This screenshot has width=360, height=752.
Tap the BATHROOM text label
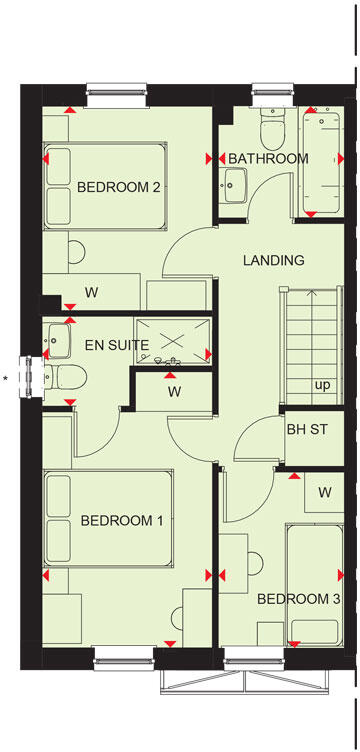(268, 159)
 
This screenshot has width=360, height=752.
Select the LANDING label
(273, 260)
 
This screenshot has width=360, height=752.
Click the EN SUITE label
(116, 345)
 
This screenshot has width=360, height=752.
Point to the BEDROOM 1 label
(122, 520)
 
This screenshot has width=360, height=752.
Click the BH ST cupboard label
(308, 429)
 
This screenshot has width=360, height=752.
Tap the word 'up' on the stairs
(322, 385)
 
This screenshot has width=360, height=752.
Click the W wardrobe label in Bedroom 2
(91, 293)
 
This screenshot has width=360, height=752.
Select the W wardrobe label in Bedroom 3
(325, 492)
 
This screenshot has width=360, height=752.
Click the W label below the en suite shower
(173, 391)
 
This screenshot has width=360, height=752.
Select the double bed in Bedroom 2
(104, 187)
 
